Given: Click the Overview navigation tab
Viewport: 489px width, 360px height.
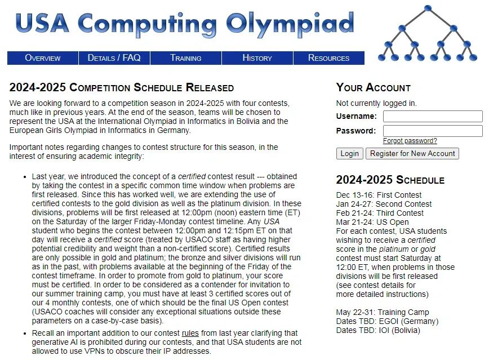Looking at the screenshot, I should (43, 58).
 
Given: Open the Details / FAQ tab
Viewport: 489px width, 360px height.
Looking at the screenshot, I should (114, 58).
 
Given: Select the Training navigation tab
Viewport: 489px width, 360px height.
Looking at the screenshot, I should (186, 58).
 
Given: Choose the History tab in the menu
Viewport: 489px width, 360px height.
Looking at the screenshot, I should (257, 58).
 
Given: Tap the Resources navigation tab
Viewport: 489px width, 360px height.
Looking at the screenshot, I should (329, 58).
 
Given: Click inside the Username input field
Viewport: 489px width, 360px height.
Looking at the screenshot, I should (432, 117).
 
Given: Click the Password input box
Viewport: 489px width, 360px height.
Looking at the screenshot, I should (432, 131).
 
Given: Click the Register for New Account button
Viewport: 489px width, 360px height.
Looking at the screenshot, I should (412, 154).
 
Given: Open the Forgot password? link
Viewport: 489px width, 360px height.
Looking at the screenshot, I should (410, 141).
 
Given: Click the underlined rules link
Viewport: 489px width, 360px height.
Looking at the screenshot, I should (190, 334).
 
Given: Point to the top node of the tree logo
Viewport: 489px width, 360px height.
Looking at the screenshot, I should (428, 8).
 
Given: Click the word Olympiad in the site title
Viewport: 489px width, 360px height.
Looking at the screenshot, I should (290, 24).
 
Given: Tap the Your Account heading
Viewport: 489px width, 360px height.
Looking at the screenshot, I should (373, 88).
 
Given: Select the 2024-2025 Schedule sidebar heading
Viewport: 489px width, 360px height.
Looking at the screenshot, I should (390, 180).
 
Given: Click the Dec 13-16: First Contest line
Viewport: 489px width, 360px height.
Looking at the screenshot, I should (379, 195).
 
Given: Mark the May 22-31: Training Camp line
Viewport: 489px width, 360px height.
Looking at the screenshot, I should (382, 312).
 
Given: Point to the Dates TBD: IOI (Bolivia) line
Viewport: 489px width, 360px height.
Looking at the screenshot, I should (377, 330).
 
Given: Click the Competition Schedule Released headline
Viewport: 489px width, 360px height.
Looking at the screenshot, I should (121, 88).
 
